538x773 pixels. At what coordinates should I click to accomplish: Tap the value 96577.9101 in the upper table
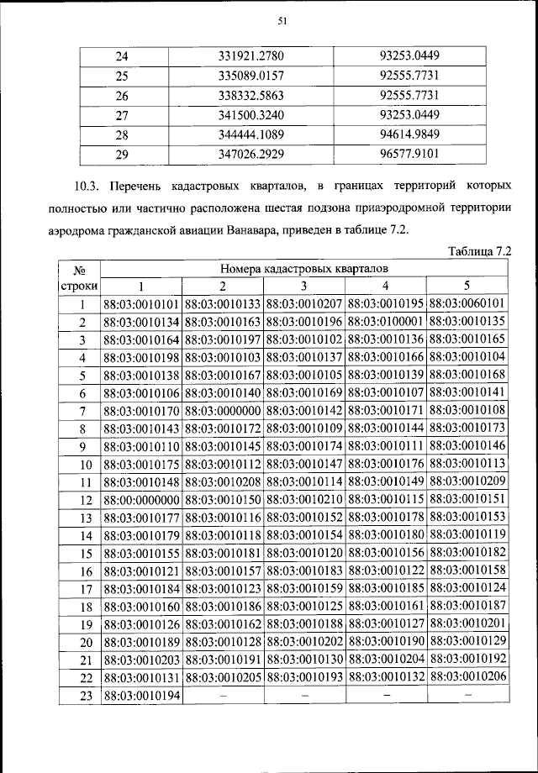(x=410, y=155)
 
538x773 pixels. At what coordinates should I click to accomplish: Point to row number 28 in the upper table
(x=121, y=135)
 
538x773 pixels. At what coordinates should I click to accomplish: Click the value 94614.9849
(x=410, y=135)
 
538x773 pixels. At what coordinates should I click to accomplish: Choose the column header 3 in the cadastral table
(x=304, y=285)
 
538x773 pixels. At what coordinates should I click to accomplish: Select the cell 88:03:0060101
(x=467, y=302)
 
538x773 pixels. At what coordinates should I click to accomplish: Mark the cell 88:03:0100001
(x=386, y=322)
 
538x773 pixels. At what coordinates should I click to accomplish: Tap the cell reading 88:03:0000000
(x=224, y=410)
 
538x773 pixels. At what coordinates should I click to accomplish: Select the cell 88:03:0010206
(x=467, y=676)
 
